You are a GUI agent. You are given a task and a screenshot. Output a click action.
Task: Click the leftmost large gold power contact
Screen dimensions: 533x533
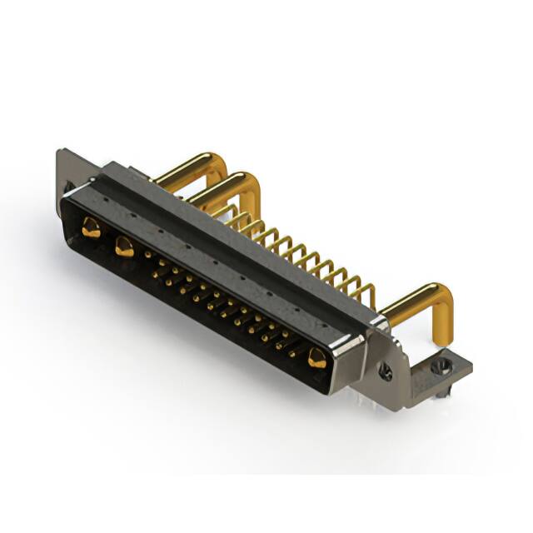click(91, 226)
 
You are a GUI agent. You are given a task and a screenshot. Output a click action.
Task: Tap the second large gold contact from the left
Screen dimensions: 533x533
click(124, 245)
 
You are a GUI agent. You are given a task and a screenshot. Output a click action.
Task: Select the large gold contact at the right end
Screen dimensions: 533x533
click(316, 358)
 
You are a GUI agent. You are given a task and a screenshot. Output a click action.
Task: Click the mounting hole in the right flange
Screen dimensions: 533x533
click(386, 372)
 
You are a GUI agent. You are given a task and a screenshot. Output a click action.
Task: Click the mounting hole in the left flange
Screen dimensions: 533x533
click(69, 186)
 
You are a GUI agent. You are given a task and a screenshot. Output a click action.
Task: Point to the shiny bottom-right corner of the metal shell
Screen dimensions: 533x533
click(337, 385)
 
